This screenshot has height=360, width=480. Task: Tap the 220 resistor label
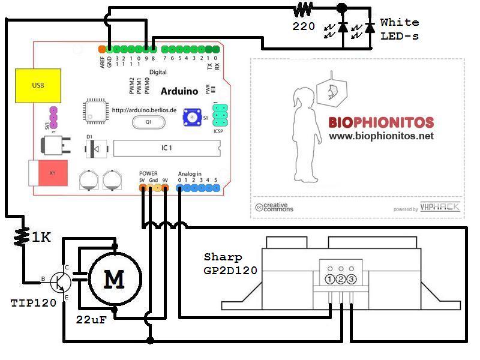pyautogui.click(x=304, y=26)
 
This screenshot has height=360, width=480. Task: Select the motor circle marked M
pyautogui.click(x=115, y=279)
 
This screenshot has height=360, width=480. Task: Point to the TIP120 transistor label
pyautogui.click(x=33, y=303)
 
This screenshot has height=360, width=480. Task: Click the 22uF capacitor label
pyautogui.click(x=91, y=319)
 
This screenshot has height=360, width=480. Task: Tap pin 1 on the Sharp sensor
pyautogui.click(x=330, y=279)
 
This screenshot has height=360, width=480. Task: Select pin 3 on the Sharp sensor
pyautogui.click(x=352, y=279)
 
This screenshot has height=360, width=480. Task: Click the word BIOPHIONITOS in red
pyautogui.click(x=380, y=123)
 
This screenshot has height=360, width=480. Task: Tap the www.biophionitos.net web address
pyautogui.click(x=380, y=136)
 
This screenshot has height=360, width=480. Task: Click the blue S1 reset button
pyautogui.click(x=193, y=117)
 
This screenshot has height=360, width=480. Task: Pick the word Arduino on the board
pyautogui.click(x=179, y=91)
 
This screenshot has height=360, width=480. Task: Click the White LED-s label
pyautogui.click(x=400, y=29)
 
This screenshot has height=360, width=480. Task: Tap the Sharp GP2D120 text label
pyautogui.click(x=230, y=263)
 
